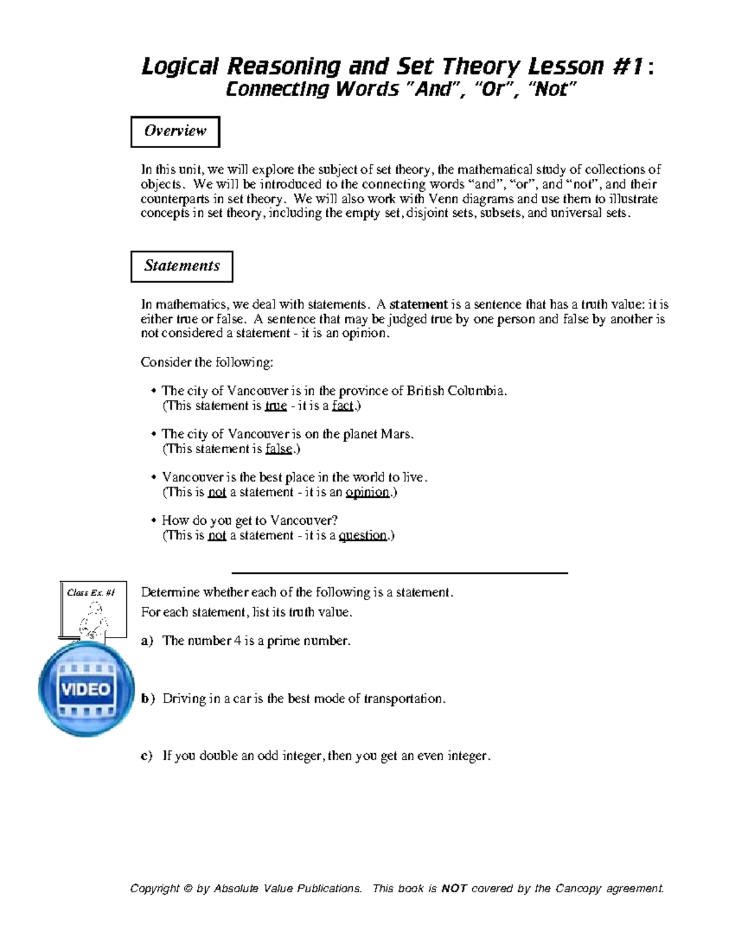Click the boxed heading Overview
(x=175, y=131)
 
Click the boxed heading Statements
(x=182, y=266)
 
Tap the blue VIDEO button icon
(x=86, y=689)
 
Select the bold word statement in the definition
(x=418, y=304)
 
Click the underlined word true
(x=276, y=405)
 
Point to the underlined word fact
(x=342, y=405)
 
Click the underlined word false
(x=279, y=449)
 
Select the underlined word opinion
(x=367, y=492)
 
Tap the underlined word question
(x=363, y=535)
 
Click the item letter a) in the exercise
(x=147, y=641)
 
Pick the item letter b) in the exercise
(x=148, y=699)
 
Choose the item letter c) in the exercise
(x=147, y=756)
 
